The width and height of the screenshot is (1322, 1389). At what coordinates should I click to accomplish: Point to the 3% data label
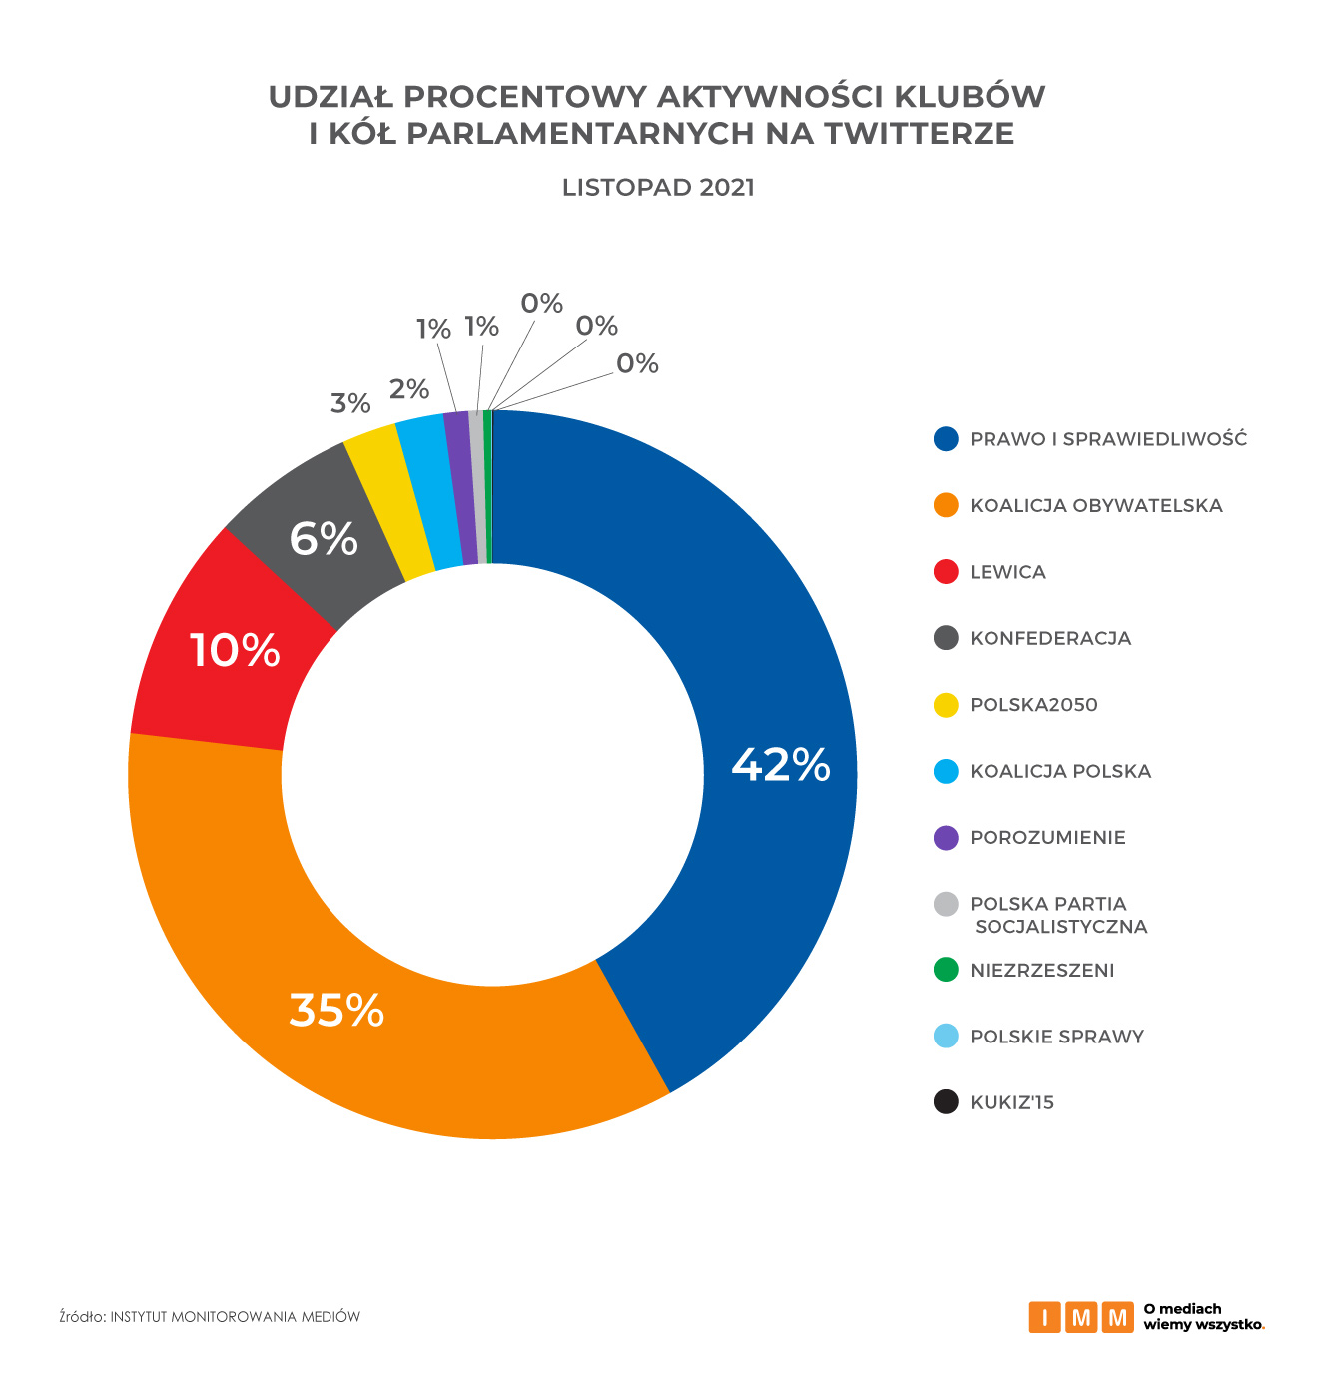350,404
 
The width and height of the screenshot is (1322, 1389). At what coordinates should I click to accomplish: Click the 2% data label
409,389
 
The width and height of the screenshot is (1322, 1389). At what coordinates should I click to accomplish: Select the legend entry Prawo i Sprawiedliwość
1108,439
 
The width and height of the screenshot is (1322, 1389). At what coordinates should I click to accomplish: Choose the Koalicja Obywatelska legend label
1095,506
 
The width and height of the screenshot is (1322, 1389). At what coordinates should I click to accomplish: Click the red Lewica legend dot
946,572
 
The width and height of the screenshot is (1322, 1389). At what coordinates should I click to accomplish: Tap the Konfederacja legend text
1050,639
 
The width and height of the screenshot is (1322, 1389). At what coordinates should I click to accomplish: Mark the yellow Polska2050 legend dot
946,705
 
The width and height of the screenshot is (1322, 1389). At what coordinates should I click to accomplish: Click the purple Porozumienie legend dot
946,838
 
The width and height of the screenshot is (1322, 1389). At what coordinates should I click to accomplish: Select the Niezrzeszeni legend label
1041,971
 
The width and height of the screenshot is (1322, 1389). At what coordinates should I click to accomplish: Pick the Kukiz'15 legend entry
1011,1103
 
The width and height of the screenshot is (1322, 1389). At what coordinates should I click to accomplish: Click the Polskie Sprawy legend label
1056,1037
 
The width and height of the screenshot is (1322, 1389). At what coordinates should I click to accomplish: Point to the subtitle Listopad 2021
658,188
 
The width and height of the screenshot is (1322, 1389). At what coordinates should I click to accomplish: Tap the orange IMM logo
1081,1317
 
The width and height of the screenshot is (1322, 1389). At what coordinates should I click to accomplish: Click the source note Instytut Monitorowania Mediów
235,1317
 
